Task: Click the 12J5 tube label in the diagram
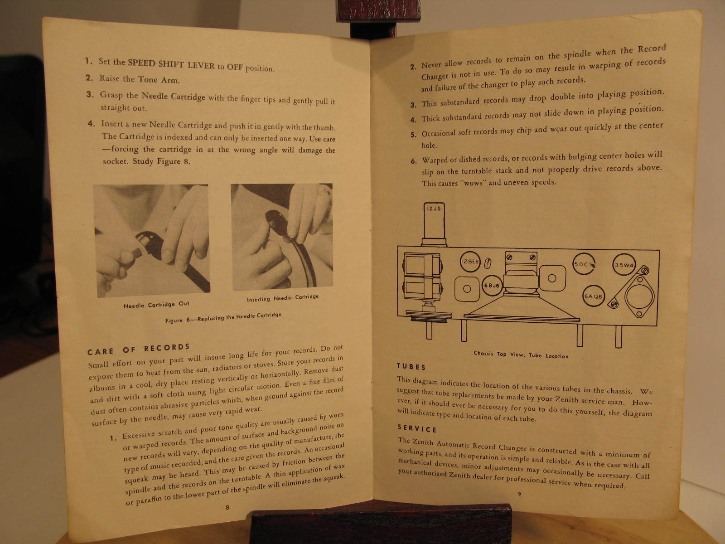tap(434, 209)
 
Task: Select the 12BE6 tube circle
tap(470, 262)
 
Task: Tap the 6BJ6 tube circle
tap(492, 286)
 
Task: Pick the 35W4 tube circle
tap(624, 265)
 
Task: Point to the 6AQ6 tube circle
tap(594, 296)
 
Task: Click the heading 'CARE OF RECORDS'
tap(139, 350)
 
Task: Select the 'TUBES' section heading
tap(411, 367)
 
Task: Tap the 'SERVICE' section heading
tap(417, 428)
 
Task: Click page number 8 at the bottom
tap(227, 507)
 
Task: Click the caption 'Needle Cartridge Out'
tap(156, 305)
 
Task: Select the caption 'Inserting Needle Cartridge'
tap(283, 298)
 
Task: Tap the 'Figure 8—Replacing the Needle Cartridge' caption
tap(223, 317)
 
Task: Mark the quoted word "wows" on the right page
tap(473, 183)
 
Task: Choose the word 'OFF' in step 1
tap(235, 67)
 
